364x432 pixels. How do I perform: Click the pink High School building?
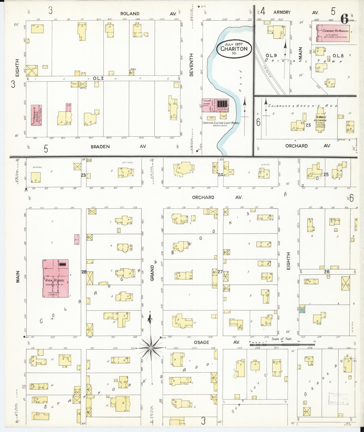55,278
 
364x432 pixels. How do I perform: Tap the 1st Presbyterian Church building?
36,115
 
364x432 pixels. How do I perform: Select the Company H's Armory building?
333,33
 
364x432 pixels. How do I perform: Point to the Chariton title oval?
234,49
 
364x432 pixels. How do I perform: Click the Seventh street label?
191,65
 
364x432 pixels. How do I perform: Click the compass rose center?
151,348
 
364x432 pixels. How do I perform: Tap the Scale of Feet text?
282,339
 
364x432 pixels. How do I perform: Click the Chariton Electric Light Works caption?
221,123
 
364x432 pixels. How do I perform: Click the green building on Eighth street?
302,310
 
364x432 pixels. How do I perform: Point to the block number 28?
84,272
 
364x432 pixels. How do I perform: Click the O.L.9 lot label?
271,55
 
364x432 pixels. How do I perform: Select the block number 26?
327,272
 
